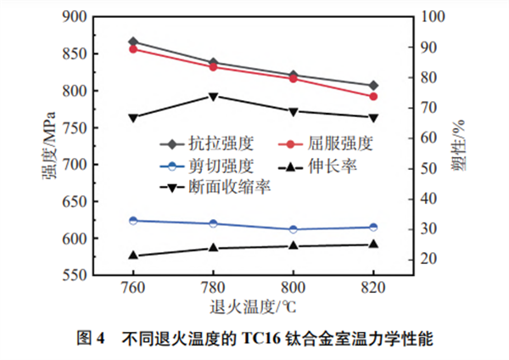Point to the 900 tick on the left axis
coord(75,16)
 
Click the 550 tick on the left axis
coord(75,276)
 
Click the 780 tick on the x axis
coord(213,287)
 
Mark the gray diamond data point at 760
coord(133,42)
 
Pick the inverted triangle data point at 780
coord(213,96)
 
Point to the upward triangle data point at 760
coord(133,255)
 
